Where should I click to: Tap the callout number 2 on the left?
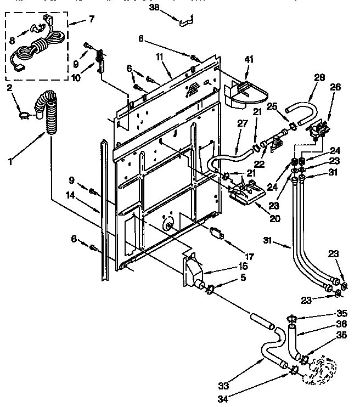point(10,87)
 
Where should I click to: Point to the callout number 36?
point(341,324)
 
